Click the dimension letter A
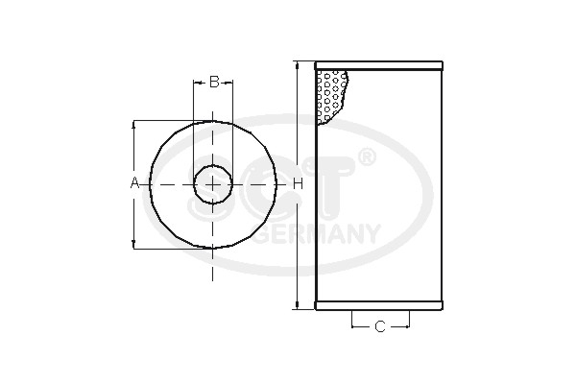click(x=134, y=183)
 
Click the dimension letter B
click(x=214, y=82)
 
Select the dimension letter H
click(x=298, y=183)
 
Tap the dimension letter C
click(x=379, y=327)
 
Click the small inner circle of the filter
click(x=213, y=183)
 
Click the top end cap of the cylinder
click(x=380, y=65)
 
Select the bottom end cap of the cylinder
click(x=380, y=305)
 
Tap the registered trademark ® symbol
click(x=366, y=156)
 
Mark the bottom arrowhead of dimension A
click(x=134, y=244)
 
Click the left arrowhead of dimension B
click(x=196, y=82)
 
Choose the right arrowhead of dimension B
click(x=229, y=82)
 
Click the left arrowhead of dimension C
click(x=354, y=327)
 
